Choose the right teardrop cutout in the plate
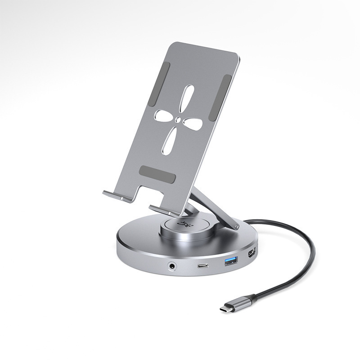coord(196,124)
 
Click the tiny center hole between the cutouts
coord(179,120)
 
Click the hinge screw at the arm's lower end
coord(232,224)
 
